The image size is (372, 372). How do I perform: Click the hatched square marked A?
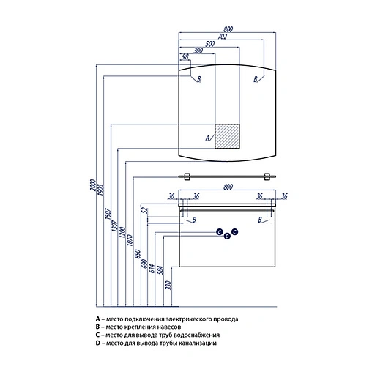coord(227,136)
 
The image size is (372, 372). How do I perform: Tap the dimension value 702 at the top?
coord(222,37)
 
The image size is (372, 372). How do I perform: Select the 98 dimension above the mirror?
coord(185,56)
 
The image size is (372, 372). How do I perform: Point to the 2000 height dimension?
coord(93,185)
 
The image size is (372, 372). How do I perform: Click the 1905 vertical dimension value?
coord(100,190)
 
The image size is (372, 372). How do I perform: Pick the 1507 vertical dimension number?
coord(108,214)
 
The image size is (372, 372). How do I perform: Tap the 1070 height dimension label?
coord(130,240)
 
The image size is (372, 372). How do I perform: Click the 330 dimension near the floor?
coord(168,285)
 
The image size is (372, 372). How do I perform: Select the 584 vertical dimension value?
coord(160,270)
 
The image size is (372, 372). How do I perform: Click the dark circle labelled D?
coord(227,236)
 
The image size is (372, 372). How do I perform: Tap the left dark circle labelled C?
coord(219,231)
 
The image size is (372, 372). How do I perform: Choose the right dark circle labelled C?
coord(234,231)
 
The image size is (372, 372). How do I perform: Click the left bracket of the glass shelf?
coord(187,176)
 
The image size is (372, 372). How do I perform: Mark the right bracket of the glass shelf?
coord(267,176)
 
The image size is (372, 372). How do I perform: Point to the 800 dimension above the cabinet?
coord(228,187)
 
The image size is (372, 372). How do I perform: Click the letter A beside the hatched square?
coord(208,138)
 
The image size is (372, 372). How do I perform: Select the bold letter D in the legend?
coord(98,343)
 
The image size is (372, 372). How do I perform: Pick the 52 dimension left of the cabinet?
coord(145,210)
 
